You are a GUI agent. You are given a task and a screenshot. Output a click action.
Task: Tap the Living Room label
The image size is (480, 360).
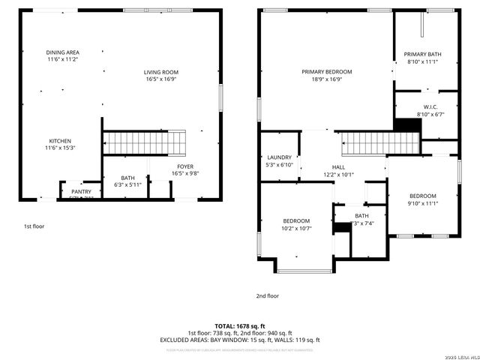[161, 75]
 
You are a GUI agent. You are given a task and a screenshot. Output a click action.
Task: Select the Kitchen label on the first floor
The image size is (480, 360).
[61, 144]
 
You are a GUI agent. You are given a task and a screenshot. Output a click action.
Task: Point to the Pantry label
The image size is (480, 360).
[81, 192]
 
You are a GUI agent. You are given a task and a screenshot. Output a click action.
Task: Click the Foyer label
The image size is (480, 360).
[185, 169]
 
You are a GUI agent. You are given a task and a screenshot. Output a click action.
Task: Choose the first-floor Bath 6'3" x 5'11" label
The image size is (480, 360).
[127, 181]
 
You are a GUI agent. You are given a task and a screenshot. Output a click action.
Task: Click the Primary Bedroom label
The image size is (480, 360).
[326, 75]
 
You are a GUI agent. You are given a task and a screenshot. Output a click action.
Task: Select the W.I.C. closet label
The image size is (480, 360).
[430, 110]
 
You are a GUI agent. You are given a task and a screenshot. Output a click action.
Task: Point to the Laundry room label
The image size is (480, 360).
[279, 160]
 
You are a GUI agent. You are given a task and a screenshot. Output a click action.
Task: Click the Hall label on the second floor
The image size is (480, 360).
[338, 171]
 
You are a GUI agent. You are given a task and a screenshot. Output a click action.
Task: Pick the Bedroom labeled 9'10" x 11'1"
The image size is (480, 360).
[421, 199]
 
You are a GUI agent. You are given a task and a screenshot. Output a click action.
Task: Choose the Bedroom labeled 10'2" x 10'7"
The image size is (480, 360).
[296, 224]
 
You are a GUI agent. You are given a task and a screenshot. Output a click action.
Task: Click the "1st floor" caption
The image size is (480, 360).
[33, 226]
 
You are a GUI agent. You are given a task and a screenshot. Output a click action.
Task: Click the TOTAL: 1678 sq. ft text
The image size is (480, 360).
[240, 327]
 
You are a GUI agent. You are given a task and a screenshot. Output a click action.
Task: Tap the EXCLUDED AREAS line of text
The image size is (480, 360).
[240, 340]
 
